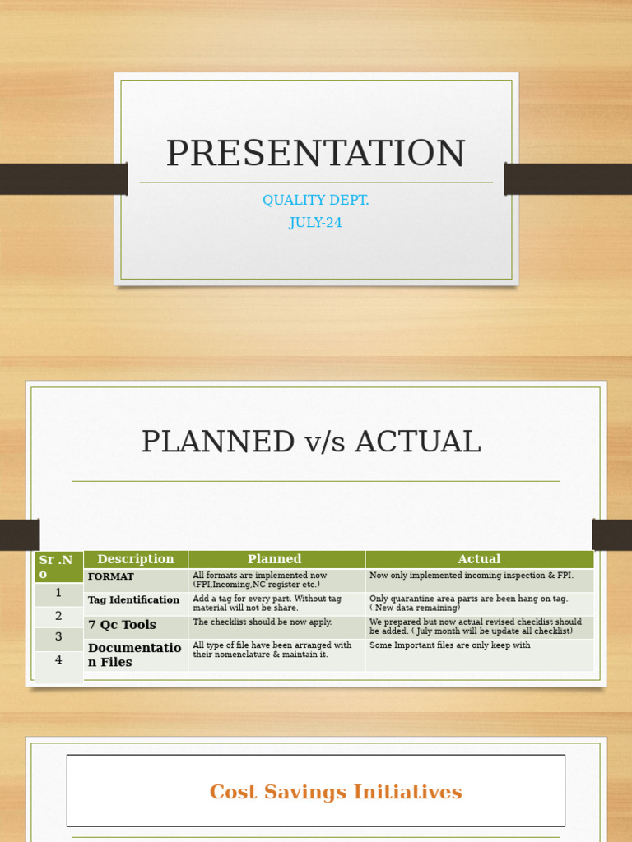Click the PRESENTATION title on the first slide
pyautogui.click(x=315, y=155)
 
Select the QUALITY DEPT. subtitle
pyautogui.click(x=315, y=201)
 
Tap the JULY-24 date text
pyautogui.click(x=315, y=223)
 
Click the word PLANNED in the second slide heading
pyautogui.click(x=217, y=442)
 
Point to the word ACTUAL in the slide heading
pyautogui.click(x=425, y=442)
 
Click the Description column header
pyautogui.click(x=136, y=559)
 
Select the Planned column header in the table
pyautogui.click(x=275, y=559)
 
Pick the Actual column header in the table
pyautogui.click(x=479, y=559)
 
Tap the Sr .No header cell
pyautogui.click(x=57, y=567)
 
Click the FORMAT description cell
pyautogui.click(x=111, y=577)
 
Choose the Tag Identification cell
pyautogui.click(x=133, y=600)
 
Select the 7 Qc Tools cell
pyautogui.click(x=122, y=625)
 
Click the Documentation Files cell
pyautogui.click(x=134, y=655)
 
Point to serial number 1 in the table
pyautogui.click(x=58, y=593)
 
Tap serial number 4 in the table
pyautogui.click(x=58, y=660)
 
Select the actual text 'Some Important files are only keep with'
pyautogui.click(x=449, y=645)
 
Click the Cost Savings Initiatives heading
pyautogui.click(x=336, y=792)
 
